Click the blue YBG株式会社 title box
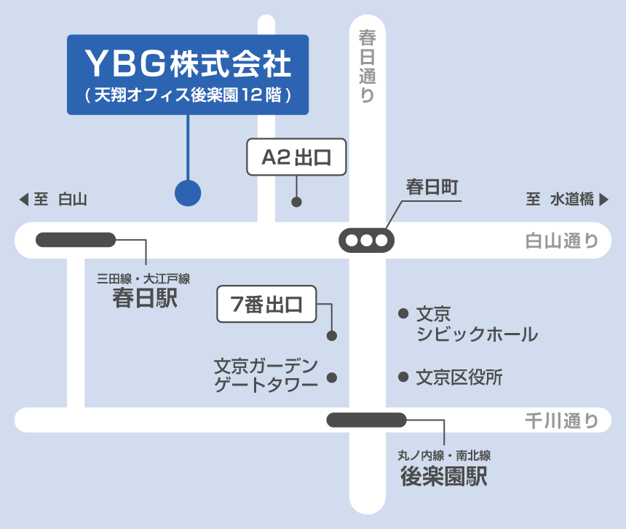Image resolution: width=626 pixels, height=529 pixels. (x=188, y=75)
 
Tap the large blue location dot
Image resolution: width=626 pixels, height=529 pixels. (x=188, y=193)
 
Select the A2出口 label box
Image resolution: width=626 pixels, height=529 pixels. (x=296, y=157)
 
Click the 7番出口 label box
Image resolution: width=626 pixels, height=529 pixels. (x=266, y=304)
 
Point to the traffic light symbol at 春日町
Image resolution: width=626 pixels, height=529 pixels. (x=366, y=240)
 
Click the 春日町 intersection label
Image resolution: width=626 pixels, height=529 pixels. (x=432, y=187)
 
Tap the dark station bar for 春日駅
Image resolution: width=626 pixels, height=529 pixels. (x=76, y=240)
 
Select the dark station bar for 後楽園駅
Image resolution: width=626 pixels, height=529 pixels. (x=366, y=420)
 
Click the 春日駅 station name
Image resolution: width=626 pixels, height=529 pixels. (x=145, y=298)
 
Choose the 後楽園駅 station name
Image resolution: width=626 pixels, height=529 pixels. (x=444, y=476)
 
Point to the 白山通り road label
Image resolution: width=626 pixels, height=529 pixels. (x=562, y=241)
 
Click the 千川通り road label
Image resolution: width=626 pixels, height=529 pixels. (x=562, y=420)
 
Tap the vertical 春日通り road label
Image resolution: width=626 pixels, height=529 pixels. (x=368, y=66)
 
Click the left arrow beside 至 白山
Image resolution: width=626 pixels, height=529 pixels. (x=24, y=200)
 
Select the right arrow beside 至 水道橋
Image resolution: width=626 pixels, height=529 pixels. (x=604, y=200)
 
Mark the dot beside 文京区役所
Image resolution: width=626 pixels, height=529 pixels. (x=403, y=377)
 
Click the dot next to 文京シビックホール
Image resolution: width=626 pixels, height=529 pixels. (x=403, y=313)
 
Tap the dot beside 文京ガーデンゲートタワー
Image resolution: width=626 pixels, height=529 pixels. (x=332, y=377)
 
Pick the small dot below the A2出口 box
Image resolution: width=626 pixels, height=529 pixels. (x=296, y=202)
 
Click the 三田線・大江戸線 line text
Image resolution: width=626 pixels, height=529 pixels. (x=143, y=278)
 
